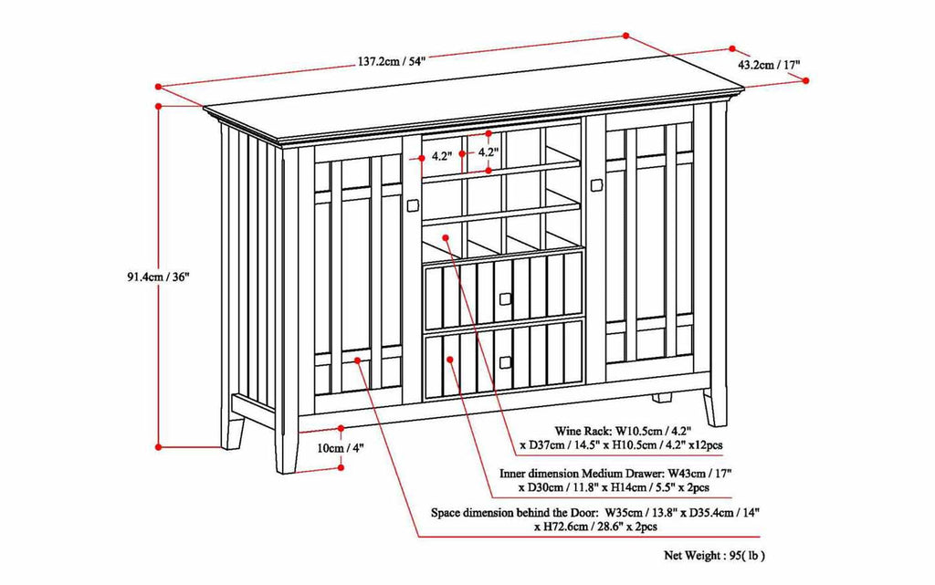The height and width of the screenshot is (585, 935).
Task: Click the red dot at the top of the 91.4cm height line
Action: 159,106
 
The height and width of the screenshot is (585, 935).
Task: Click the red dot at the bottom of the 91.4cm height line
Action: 159,446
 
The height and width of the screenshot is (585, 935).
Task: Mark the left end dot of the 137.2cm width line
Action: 158,87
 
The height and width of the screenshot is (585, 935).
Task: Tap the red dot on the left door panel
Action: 357,360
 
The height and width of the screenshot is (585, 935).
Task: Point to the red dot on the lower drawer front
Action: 450,360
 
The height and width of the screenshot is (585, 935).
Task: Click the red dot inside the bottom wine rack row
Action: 446,237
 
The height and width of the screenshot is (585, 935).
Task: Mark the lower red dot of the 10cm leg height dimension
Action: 341,467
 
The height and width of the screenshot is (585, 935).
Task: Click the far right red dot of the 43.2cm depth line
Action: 805,80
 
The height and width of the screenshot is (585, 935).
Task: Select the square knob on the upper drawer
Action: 506,298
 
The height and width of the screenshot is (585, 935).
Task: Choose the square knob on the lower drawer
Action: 506,362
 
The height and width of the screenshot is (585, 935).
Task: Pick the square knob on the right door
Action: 595,185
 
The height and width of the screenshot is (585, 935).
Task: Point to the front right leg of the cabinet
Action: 715,408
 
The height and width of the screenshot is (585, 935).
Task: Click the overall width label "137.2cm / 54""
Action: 391,61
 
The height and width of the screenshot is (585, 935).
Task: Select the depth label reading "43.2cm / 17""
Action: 769,64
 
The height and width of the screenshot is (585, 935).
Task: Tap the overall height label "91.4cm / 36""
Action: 157,277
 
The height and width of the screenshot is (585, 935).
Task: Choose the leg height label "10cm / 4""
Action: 340,448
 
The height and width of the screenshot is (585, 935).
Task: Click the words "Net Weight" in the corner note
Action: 692,556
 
